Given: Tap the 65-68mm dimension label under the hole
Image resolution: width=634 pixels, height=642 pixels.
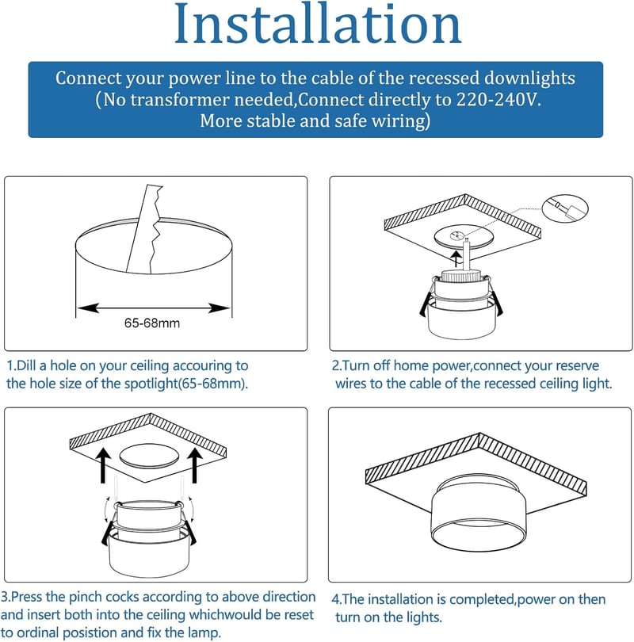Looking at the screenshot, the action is [152, 323].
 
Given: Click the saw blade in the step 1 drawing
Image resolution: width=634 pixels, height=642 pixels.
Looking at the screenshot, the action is [144, 229].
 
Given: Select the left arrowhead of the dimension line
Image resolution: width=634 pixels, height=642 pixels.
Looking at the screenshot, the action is [89, 308].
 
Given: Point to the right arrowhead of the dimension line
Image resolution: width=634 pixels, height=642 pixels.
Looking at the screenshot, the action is [219, 308].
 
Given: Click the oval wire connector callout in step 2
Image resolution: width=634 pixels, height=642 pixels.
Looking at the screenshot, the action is [565, 208].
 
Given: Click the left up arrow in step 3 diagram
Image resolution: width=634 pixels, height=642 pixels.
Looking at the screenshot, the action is [104, 465].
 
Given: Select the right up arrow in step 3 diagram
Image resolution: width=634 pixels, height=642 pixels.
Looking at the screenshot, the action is [195, 465].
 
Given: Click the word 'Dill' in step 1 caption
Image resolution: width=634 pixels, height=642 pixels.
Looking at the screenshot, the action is [27, 365].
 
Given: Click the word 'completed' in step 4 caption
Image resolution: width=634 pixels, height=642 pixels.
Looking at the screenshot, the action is [483, 599].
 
